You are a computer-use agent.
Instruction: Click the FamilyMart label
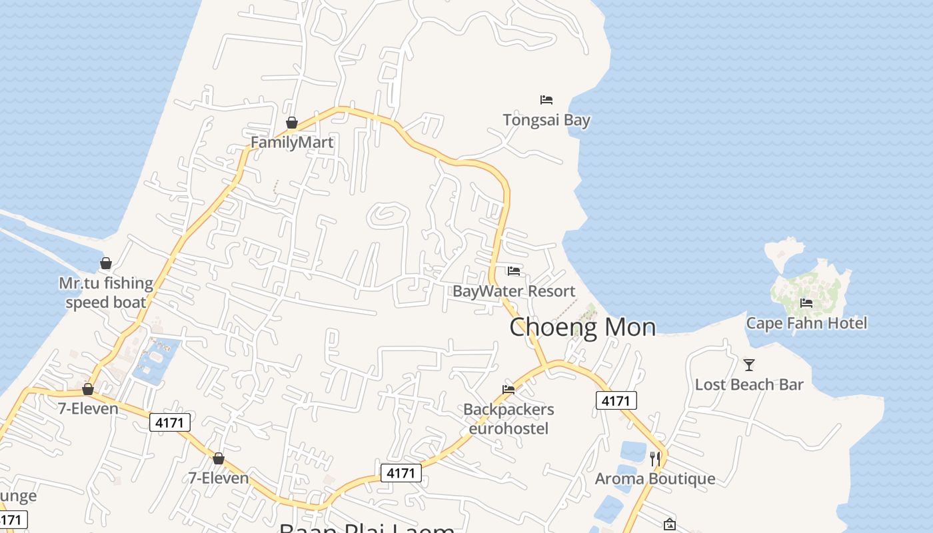coord(292,143)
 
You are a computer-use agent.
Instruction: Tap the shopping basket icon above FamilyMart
coord(291,123)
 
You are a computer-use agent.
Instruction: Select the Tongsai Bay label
coord(546,121)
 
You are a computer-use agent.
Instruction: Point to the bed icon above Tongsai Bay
coord(546,100)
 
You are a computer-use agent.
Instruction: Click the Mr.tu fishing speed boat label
coord(106,292)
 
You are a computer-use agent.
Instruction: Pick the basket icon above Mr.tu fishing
coord(106,263)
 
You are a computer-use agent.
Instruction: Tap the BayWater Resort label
coord(513,291)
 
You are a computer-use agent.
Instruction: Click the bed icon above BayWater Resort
coord(514,270)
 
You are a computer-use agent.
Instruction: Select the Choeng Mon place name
coord(582,327)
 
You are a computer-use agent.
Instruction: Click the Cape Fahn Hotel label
coord(806,324)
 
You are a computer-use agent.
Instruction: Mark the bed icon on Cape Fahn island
coord(806,303)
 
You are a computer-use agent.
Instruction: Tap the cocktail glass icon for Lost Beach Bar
coord(749,364)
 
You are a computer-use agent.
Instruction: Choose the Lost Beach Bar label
coord(749,384)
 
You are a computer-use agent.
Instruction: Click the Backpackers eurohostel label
coord(508,418)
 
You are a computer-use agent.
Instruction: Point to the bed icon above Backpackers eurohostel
coord(508,389)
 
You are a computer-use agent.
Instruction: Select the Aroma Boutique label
coord(655,478)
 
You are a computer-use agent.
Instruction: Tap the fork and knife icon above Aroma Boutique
coord(655,458)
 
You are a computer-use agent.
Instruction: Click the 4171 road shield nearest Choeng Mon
coord(616,400)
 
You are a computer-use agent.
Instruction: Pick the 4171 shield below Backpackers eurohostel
coord(401,473)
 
